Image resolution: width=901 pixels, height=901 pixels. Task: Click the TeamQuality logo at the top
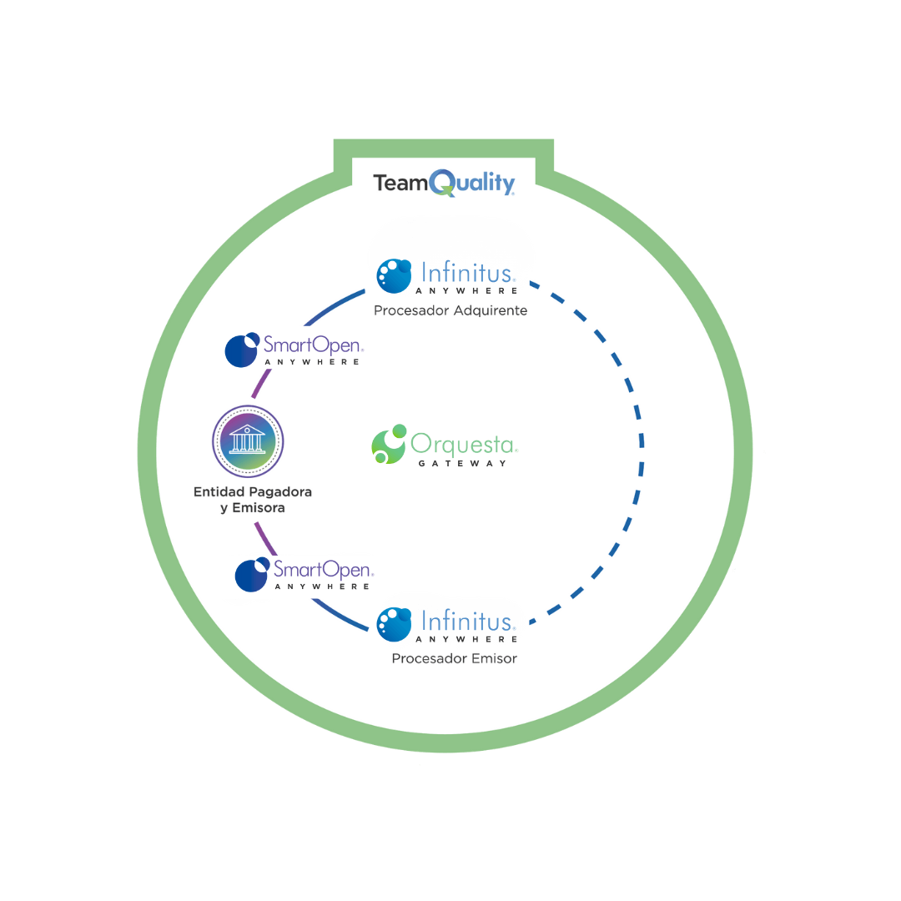click(444, 183)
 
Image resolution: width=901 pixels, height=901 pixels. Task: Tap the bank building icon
click(247, 440)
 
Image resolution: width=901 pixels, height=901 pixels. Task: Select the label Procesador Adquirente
click(450, 311)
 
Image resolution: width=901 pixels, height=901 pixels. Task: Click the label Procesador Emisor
click(455, 658)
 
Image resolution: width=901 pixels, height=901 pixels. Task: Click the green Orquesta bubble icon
click(389, 444)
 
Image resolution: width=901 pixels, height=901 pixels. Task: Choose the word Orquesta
click(463, 443)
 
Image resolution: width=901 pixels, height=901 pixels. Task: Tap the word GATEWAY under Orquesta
click(462, 463)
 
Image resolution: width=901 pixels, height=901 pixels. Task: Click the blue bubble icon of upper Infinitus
click(394, 276)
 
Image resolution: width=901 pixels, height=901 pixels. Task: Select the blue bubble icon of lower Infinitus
click(394, 623)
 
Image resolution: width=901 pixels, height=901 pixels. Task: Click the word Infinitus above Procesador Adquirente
click(468, 273)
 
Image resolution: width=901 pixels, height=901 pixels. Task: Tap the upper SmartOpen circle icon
click(242, 350)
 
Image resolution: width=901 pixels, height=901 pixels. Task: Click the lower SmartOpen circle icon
click(252, 574)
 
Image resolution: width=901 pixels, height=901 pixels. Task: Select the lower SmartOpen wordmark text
click(323, 570)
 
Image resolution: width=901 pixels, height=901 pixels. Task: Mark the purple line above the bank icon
click(261, 385)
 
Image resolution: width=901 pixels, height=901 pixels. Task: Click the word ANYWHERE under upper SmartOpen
click(312, 362)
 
